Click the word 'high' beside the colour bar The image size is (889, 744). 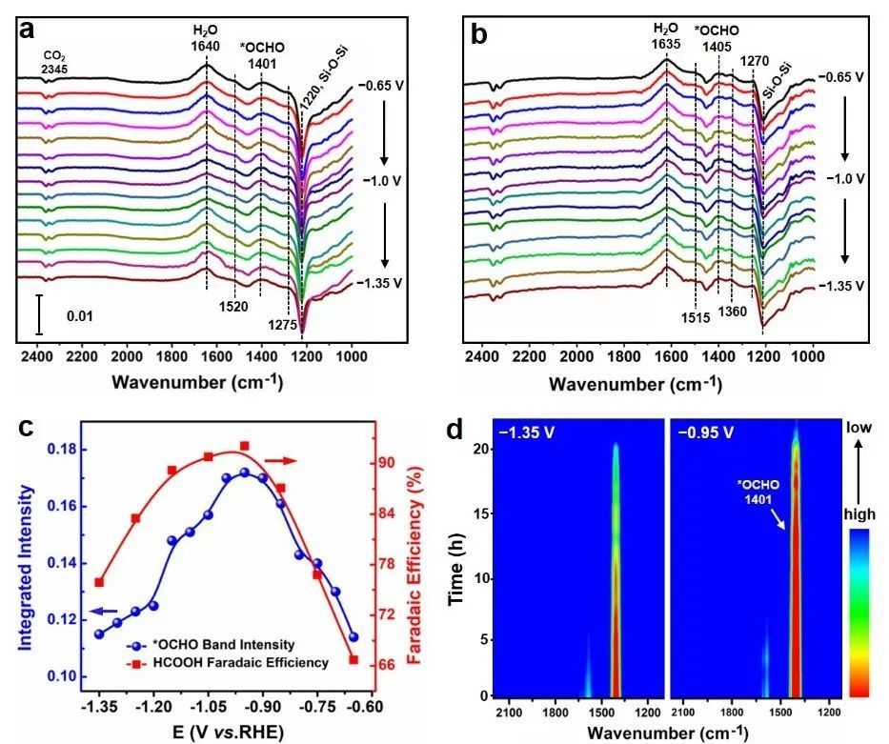pos(866,513)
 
